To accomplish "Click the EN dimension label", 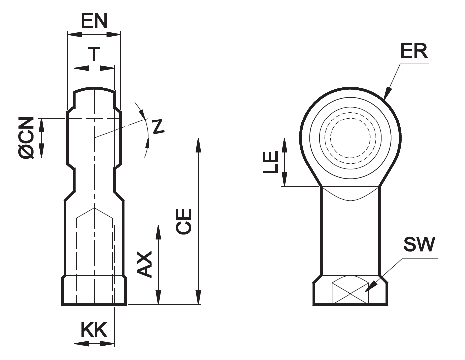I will [x=94, y=21].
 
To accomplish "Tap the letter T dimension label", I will [x=94, y=53].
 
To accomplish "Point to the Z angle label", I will [x=158, y=127].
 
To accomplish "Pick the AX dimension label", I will [x=145, y=264].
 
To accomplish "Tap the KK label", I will [x=94, y=330].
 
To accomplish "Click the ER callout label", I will [x=413, y=51].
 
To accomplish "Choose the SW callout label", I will [x=419, y=244].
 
